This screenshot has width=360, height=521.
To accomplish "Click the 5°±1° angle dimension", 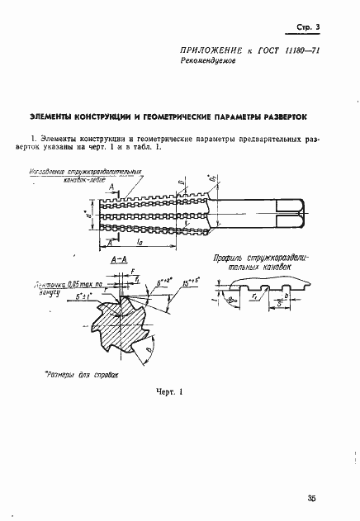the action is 83,295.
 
